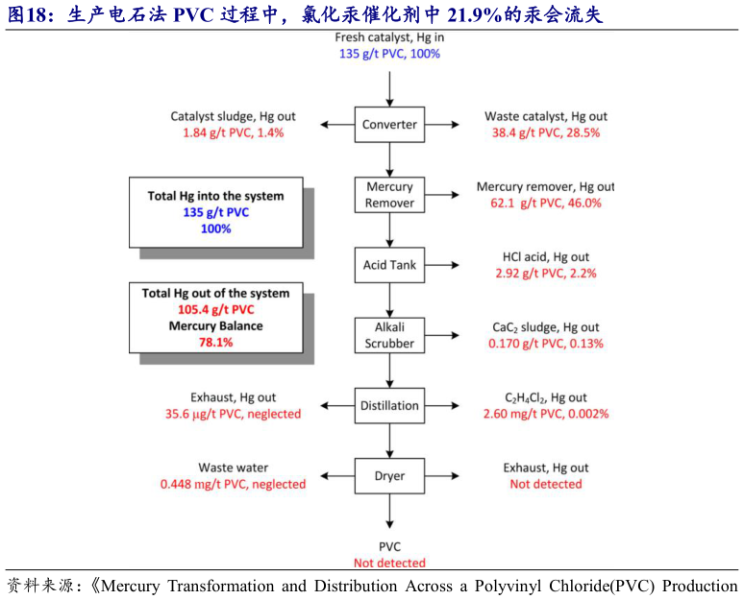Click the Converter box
[x=389, y=125]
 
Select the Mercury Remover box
[x=389, y=195]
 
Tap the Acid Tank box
[x=389, y=265]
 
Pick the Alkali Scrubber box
[x=389, y=335]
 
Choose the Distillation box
[x=389, y=405]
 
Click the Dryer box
[x=389, y=475]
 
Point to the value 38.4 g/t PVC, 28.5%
[x=546, y=132]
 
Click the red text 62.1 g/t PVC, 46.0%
[x=546, y=203]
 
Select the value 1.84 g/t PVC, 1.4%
[x=227, y=132]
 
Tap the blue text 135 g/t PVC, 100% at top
[x=389, y=54]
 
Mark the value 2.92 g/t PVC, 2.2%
[x=546, y=273]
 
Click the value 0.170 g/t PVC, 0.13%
[x=546, y=343]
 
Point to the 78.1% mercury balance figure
[x=215, y=342]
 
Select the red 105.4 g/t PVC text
[x=215, y=309]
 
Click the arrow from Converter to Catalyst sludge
[x=338, y=125]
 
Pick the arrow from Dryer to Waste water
[x=338, y=475]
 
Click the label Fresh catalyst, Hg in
[x=389, y=37]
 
